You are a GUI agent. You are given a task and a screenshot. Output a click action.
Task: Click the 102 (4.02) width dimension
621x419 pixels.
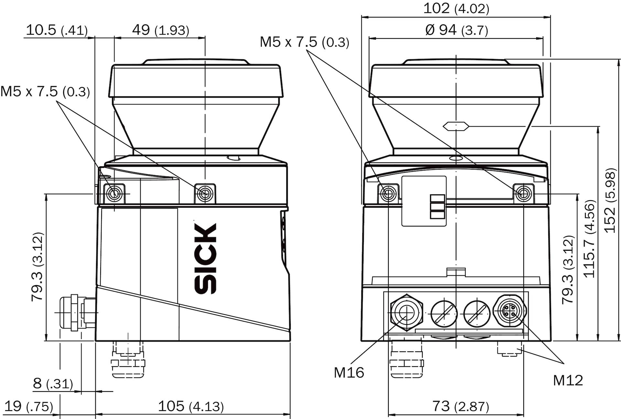[x=456, y=8]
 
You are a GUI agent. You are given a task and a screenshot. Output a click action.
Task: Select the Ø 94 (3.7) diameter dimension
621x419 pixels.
[x=456, y=30]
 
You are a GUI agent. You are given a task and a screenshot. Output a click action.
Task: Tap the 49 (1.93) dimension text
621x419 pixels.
[x=160, y=30]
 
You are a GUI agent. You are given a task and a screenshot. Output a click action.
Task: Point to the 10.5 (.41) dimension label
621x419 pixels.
[x=56, y=30]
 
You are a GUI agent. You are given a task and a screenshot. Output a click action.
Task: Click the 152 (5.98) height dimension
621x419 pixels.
[x=610, y=200]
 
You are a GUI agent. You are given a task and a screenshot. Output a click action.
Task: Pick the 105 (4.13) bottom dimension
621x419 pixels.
[x=191, y=406]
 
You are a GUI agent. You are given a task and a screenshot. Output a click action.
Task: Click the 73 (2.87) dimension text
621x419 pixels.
[x=460, y=406]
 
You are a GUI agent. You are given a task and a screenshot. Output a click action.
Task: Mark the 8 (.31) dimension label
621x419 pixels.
[x=53, y=384]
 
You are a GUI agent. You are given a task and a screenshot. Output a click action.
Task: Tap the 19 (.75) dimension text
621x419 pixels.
[x=28, y=406]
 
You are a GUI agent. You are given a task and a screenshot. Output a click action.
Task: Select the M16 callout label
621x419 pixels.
[x=349, y=373]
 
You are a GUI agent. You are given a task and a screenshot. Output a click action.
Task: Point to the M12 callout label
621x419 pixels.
[x=568, y=380]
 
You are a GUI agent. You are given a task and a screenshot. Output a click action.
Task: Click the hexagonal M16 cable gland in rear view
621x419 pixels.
[x=406, y=313]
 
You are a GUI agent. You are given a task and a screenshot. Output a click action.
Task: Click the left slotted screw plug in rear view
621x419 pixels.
[x=444, y=314]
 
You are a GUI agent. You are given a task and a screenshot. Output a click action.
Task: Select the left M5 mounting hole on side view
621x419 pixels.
[x=114, y=194]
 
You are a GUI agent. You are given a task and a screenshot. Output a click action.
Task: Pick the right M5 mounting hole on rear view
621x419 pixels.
[x=523, y=194]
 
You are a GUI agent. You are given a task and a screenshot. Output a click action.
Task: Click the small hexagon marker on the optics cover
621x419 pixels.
[x=456, y=126]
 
